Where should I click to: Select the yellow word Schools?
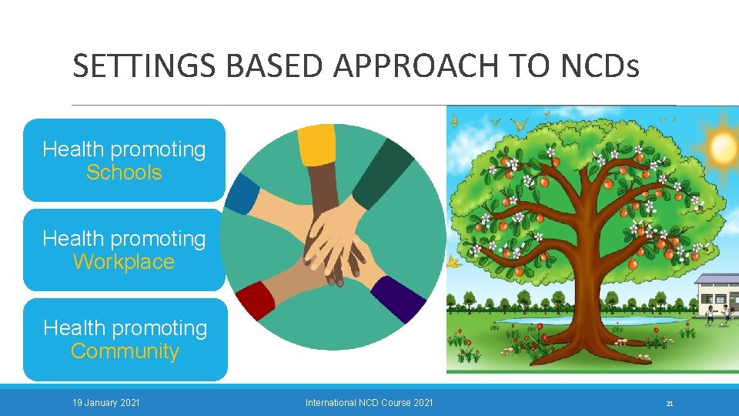click(124, 173)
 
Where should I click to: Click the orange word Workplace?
click(124, 262)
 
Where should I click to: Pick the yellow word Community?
click(125, 351)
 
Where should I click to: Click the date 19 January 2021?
click(106, 402)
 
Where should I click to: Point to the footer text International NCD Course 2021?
click(369, 402)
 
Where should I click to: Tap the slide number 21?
click(670, 403)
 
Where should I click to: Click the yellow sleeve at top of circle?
click(316, 144)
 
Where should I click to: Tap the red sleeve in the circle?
click(256, 300)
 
